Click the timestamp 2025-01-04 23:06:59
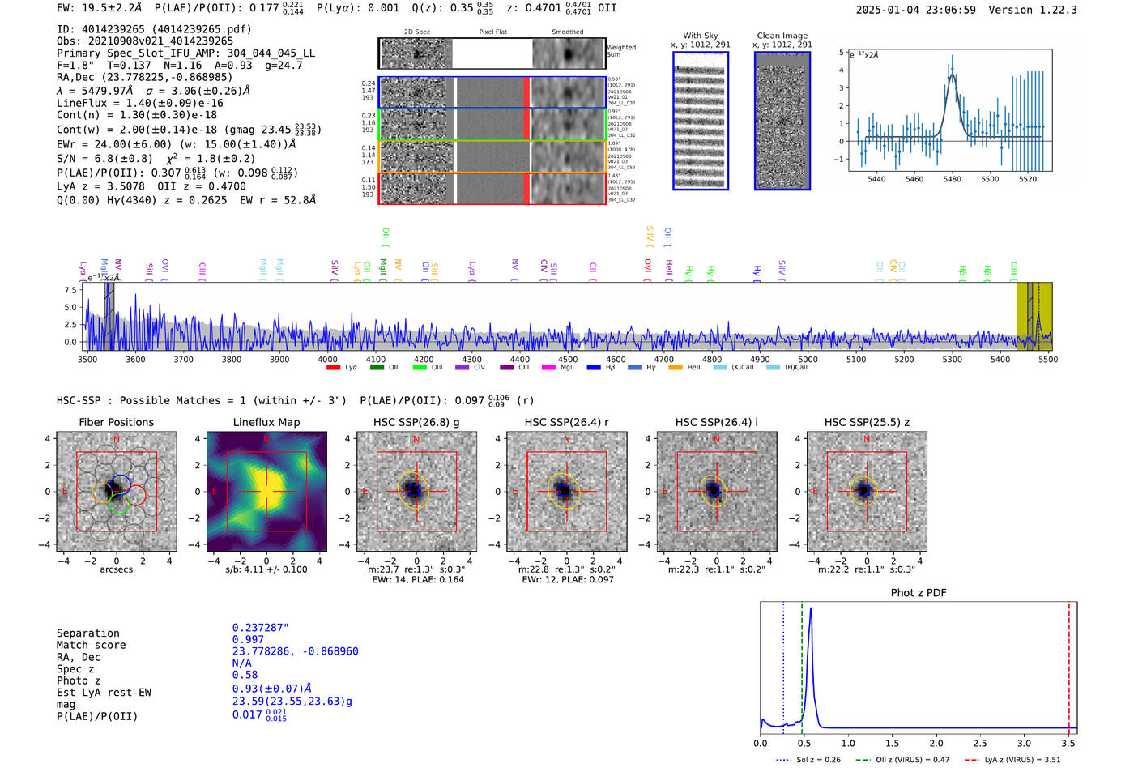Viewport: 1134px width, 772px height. point(915,10)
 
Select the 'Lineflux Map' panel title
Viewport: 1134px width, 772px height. point(266,422)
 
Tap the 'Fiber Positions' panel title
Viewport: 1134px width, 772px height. point(116,422)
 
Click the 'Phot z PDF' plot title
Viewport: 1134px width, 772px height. point(919,592)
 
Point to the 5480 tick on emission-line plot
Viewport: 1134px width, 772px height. point(952,179)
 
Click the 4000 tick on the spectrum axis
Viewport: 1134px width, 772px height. point(327,360)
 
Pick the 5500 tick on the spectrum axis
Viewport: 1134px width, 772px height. point(1048,360)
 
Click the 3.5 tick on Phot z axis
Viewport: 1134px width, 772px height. point(1068,743)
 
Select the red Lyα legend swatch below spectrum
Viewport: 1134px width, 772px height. point(333,368)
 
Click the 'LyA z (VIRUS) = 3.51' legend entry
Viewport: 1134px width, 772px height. point(1013,760)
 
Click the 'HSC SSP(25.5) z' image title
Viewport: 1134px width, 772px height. point(867,422)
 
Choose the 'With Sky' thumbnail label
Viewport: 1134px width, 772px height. point(701,36)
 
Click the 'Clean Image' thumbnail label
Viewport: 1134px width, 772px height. point(782,36)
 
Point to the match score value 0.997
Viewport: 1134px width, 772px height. point(248,639)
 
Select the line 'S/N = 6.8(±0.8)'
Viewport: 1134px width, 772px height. point(105,159)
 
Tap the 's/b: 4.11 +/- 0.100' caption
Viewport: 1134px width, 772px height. point(266,569)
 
